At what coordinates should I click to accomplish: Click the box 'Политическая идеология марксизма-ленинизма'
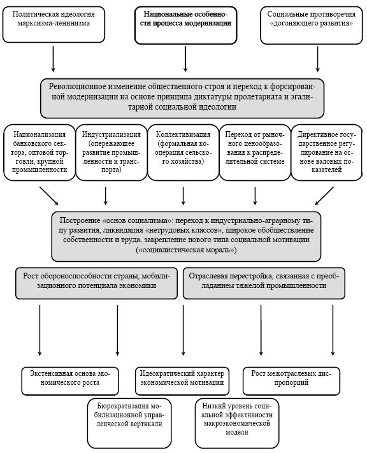[54, 25]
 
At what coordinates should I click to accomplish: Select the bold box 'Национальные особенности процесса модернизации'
[185, 25]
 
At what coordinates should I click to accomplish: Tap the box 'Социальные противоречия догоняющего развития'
[311, 25]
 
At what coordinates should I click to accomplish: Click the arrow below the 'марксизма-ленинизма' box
[53, 59]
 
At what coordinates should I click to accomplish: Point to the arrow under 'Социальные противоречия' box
[317, 59]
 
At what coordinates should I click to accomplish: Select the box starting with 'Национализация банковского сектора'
[40, 152]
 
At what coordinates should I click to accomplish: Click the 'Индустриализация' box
[112, 152]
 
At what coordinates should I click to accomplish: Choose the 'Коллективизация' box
[183, 152]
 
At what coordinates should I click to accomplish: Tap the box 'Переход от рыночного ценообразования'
[255, 152]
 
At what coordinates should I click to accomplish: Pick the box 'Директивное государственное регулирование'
[327, 152]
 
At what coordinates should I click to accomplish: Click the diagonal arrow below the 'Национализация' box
[49, 196]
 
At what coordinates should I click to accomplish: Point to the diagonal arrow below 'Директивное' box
[324, 196]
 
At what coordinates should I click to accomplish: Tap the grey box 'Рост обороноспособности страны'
[96, 283]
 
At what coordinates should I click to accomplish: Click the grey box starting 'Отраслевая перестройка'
[264, 283]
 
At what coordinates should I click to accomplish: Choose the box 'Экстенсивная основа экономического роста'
[70, 381]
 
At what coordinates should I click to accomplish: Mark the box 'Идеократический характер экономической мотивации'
[182, 381]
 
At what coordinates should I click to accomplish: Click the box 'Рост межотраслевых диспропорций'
[291, 381]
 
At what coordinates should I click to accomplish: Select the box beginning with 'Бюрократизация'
[129, 423]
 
